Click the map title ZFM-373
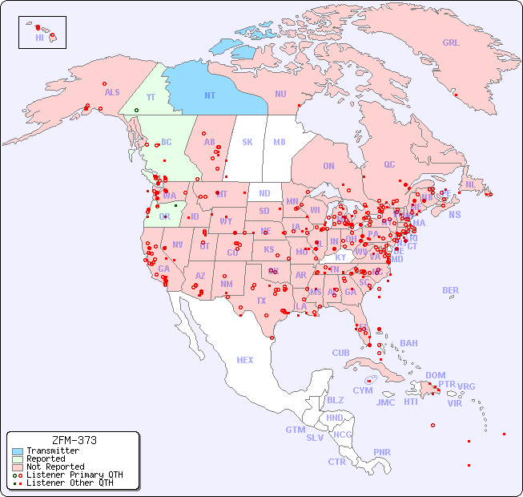74,440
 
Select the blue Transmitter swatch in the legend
18,451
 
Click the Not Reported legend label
54,467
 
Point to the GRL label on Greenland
451,43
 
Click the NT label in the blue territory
210,95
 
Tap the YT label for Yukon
151,97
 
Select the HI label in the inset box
39,38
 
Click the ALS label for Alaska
112,92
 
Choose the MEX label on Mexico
245,360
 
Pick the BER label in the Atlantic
451,290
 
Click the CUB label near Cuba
340,353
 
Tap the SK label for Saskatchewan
247,142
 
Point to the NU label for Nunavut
280,94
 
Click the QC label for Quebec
389,164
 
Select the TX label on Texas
260,301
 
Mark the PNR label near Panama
382,452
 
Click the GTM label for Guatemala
295,430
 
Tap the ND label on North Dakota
264,193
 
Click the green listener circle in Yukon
136,110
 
